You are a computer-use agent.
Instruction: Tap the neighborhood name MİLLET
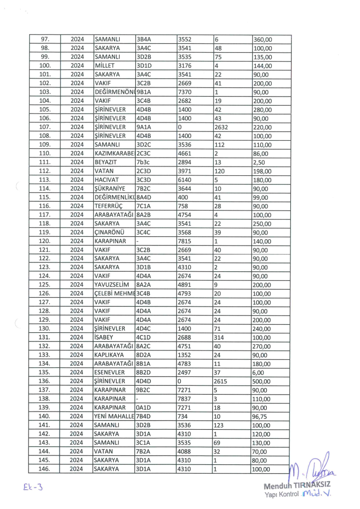point(104,66)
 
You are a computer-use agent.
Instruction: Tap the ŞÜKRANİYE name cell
point(110,189)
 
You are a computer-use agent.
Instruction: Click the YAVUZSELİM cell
point(112,285)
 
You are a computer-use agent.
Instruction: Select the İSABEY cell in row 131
point(106,338)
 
